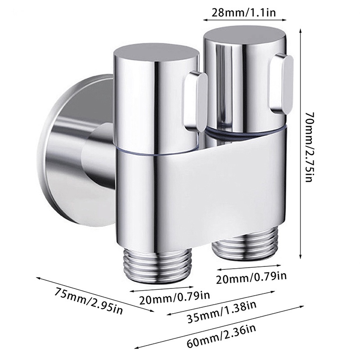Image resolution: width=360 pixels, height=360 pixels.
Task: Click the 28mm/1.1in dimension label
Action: pyautogui.click(x=244, y=9)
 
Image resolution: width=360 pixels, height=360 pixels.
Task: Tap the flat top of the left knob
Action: pyautogui.click(x=155, y=52)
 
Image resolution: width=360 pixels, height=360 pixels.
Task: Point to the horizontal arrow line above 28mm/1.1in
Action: pyautogui.click(x=245, y=19)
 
